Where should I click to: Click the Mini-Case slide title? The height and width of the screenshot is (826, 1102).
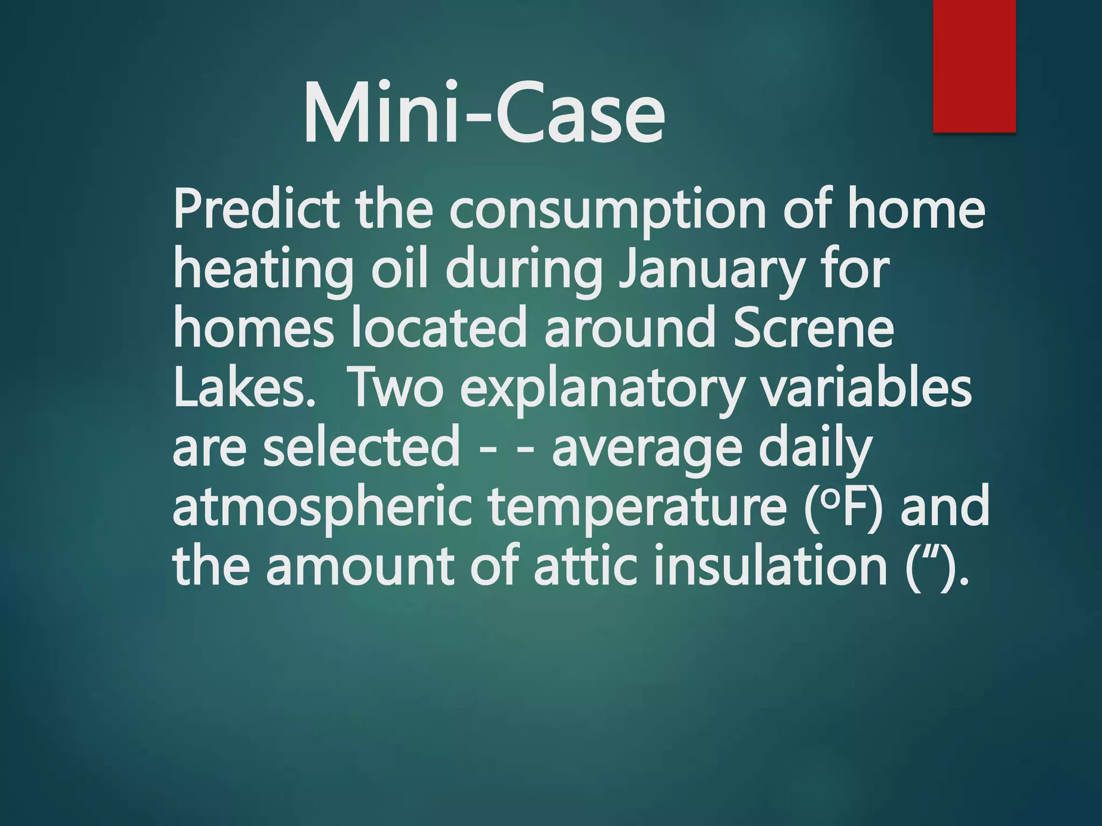pyautogui.click(x=484, y=114)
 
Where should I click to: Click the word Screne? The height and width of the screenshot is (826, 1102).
pyautogui.click(x=813, y=328)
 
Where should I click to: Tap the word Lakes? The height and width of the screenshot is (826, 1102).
pyautogui.click(x=243, y=387)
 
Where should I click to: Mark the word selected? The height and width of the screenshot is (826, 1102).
pyautogui.click(x=361, y=447)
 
